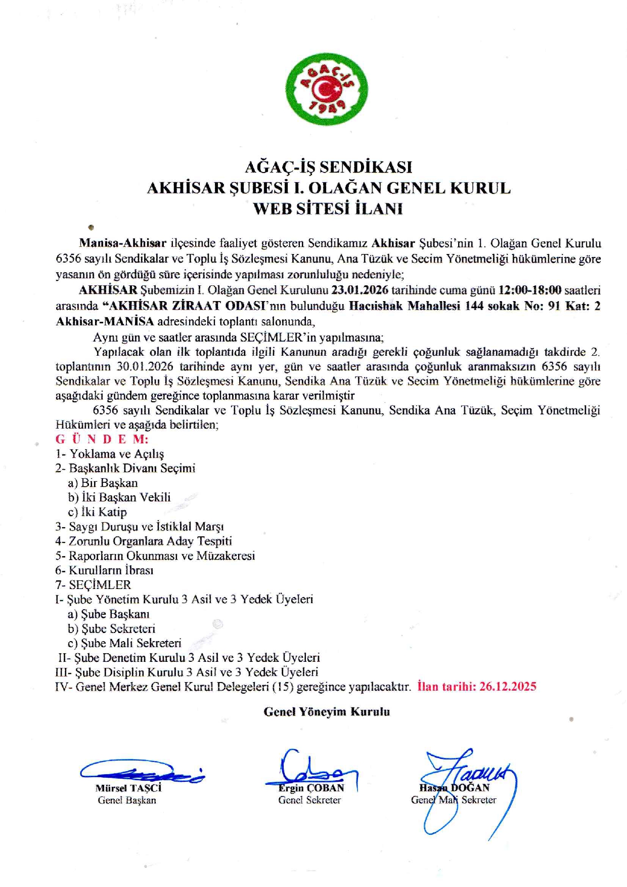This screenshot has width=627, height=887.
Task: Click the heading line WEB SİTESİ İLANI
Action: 328,208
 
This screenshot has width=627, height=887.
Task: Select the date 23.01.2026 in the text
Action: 360,290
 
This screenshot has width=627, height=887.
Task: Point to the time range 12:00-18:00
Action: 530,290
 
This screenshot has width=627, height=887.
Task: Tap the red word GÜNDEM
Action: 102,439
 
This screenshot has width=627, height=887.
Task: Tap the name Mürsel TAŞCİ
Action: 128,788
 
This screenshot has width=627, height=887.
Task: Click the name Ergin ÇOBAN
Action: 311,788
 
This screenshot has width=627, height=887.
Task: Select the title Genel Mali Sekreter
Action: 453,800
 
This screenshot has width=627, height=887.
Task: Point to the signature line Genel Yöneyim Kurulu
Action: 327,712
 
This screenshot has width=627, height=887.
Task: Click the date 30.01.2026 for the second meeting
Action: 145,366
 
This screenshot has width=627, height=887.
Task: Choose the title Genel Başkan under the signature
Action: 127,800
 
